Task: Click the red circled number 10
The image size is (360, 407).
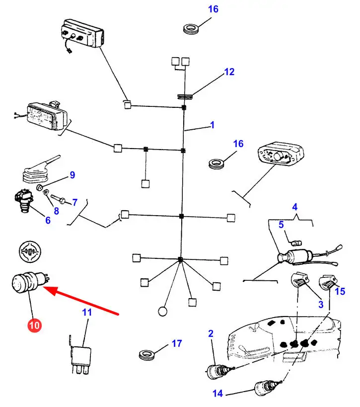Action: coord(34,326)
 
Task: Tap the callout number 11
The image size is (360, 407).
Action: coord(87,313)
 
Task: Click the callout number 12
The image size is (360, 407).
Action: coord(229,72)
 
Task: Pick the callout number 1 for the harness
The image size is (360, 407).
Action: coord(212,125)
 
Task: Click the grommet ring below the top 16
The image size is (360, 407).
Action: coord(190,28)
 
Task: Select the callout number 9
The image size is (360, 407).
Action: coord(72,175)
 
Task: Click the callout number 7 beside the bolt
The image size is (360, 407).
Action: coord(74,202)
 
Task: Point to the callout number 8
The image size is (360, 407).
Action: coord(56,211)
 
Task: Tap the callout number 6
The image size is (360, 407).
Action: coord(48,220)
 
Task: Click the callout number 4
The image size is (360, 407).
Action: coord(294,206)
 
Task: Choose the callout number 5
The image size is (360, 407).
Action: coord(281,225)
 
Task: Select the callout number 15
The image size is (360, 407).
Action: coord(340,291)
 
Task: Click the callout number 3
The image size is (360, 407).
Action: coord(321,304)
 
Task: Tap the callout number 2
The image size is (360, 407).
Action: coord(211,334)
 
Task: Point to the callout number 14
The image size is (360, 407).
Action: coord(218,394)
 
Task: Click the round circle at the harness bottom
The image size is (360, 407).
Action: coord(162,312)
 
